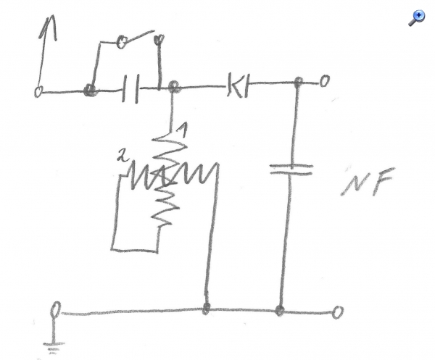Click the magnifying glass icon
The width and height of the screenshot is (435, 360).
click(416, 17)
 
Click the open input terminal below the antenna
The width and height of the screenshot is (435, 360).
click(38, 91)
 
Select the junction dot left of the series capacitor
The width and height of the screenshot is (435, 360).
click(90, 90)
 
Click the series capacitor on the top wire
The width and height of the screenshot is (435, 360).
click(130, 88)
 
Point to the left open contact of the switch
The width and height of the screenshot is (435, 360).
click(122, 42)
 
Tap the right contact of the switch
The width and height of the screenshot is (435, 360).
click(159, 39)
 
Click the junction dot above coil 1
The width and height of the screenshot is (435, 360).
click(174, 87)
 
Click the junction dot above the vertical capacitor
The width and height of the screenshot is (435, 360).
click(299, 81)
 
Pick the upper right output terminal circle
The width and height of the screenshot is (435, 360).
click(324, 81)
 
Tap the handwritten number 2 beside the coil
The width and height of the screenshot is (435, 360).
click(123, 156)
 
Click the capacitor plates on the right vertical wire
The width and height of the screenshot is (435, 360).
click(291, 169)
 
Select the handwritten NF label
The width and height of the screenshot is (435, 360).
click(368, 182)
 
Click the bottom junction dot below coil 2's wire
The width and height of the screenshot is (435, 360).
click(206, 308)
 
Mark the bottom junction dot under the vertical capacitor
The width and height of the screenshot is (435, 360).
click(280, 309)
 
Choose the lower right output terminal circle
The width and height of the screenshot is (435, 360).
click(338, 312)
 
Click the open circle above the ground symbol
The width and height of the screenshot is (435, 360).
click(55, 309)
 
